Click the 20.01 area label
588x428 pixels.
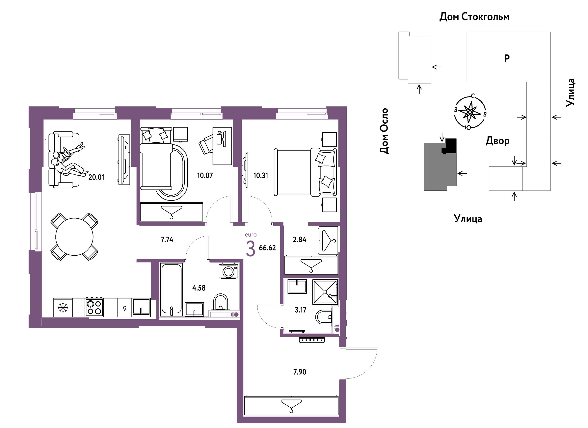(x=96, y=177)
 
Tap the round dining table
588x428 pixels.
(x=74, y=237)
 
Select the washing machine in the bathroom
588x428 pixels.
(x=228, y=271)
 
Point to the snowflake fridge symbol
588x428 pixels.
(x=63, y=308)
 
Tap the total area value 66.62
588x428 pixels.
(x=267, y=248)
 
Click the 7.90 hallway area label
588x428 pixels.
(x=300, y=372)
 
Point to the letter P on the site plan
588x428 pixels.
(x=507, y=58)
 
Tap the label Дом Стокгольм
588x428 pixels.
(x=474, y=17)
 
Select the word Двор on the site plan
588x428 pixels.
(x=497, y=141)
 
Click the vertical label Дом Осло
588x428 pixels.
(x=384, y=131)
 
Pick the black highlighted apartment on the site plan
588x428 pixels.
(x=450, y=146)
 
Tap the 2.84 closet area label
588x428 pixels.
(x=300, y=240)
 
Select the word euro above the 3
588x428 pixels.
(x=251, y=235)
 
